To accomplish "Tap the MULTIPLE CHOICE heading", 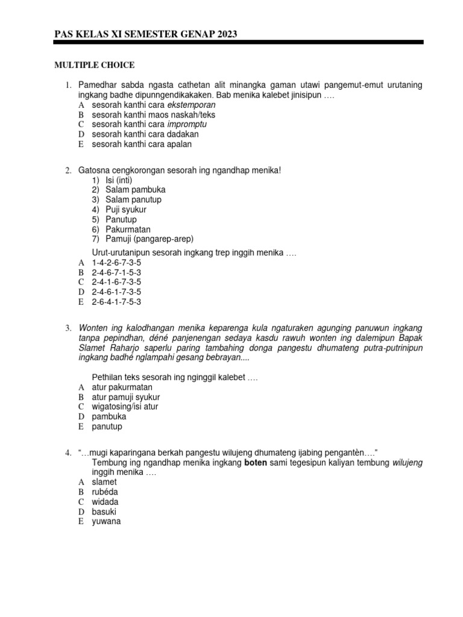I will coord(95,65).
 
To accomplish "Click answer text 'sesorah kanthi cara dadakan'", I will coord(145,134).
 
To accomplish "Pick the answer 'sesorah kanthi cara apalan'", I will coord(142,145).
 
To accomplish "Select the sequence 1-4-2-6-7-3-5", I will coord(116,263).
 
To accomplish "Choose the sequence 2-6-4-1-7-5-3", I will coord(116,302).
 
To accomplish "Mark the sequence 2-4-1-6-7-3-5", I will coord(116,283).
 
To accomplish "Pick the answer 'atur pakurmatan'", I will coord(122,387).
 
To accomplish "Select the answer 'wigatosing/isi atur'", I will coord(125,407).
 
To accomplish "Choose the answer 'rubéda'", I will coord(106,492).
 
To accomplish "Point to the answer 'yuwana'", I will coord(107,521).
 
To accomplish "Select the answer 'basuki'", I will coord(104,512).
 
